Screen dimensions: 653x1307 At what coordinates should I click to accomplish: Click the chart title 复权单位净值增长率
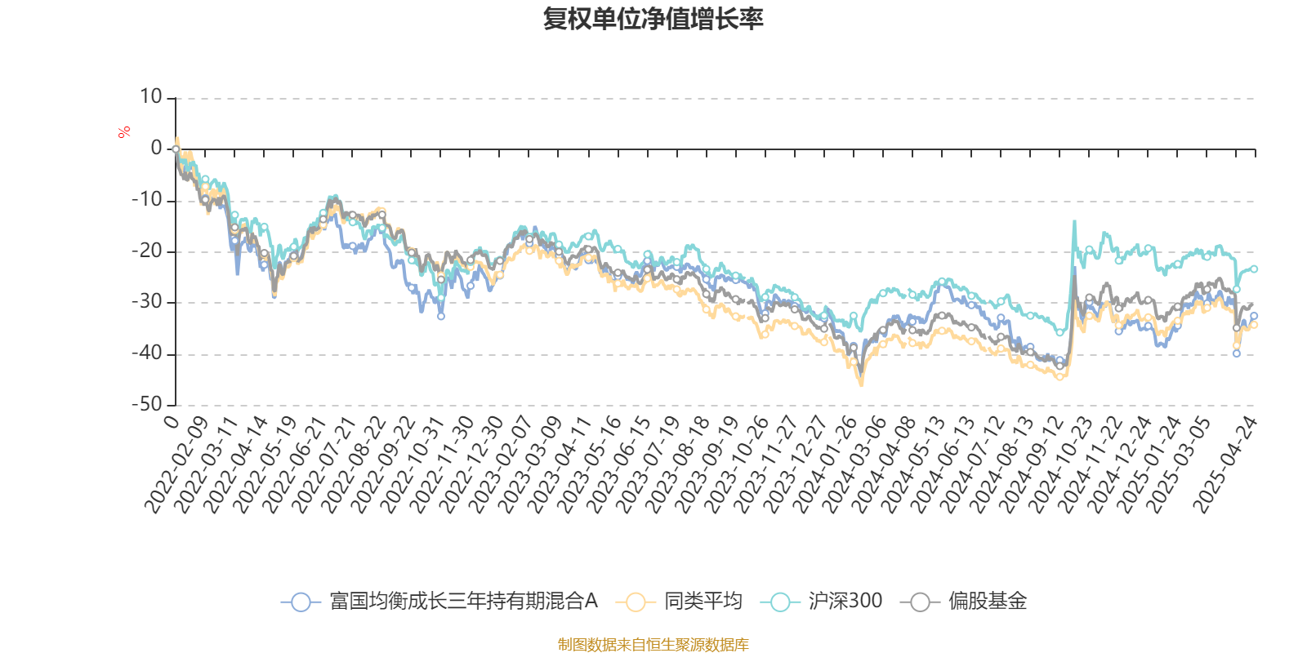653,19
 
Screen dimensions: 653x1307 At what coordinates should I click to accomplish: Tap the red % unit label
124,131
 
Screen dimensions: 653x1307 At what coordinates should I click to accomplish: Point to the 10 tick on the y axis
151,97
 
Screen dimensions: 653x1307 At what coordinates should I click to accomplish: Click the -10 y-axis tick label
147,200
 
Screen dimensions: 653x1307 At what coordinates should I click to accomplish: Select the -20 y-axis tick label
147,251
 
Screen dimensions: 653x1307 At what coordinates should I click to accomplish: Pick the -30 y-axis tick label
147,302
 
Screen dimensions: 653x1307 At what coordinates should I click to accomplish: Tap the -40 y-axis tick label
147,353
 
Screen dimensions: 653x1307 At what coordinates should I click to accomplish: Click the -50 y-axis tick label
147,404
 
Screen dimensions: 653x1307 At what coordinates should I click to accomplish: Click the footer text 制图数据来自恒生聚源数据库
653,645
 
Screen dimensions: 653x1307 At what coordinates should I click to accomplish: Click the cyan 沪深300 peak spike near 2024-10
1074,221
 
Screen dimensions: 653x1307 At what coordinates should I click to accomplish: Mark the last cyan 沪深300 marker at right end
1254,269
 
